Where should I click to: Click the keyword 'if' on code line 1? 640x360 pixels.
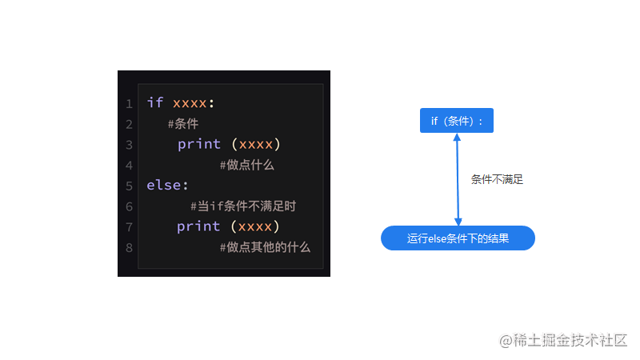point(155,103)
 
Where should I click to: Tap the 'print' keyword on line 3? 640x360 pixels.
point(199,144)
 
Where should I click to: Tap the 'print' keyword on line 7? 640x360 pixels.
point(199,226)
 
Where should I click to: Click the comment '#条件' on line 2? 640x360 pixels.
point(183,124)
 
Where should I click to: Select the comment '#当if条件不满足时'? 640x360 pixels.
point(243,206)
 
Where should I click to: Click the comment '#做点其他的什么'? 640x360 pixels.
point(265,247)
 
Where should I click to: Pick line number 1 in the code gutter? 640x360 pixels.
point(129,104)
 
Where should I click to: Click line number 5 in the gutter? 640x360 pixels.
point(129,186)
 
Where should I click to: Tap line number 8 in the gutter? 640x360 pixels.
point(129,247)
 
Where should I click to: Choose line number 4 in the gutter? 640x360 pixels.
point(129,166)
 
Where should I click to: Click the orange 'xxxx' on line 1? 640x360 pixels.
point(190,103)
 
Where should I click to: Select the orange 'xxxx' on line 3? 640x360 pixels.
point(256,144)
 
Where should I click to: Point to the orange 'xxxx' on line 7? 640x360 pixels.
point(256,226)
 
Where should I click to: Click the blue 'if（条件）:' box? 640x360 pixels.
point(457,121)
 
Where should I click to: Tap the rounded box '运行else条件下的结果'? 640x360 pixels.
point(458,238)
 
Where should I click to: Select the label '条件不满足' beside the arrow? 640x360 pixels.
point(497,180)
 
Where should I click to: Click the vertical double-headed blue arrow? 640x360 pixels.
point(458,179)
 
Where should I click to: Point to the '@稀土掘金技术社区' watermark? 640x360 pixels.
point(564,341)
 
